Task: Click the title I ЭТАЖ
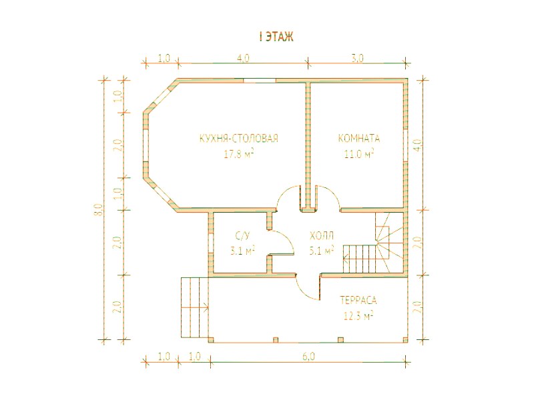276,37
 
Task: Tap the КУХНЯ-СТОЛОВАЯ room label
239,139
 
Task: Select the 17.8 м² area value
239,154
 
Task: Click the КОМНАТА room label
359,139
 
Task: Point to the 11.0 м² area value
359,154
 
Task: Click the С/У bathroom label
242,236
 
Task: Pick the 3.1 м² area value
242,251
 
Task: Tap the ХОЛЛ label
322,236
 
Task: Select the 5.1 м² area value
321,251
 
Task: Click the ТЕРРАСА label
358,301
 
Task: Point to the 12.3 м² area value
358,316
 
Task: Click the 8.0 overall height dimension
99,209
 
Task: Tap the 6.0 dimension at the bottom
308,357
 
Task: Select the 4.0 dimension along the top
243,58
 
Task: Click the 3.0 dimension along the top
357,58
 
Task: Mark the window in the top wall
260,81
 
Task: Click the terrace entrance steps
194,307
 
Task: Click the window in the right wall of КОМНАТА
405,145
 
